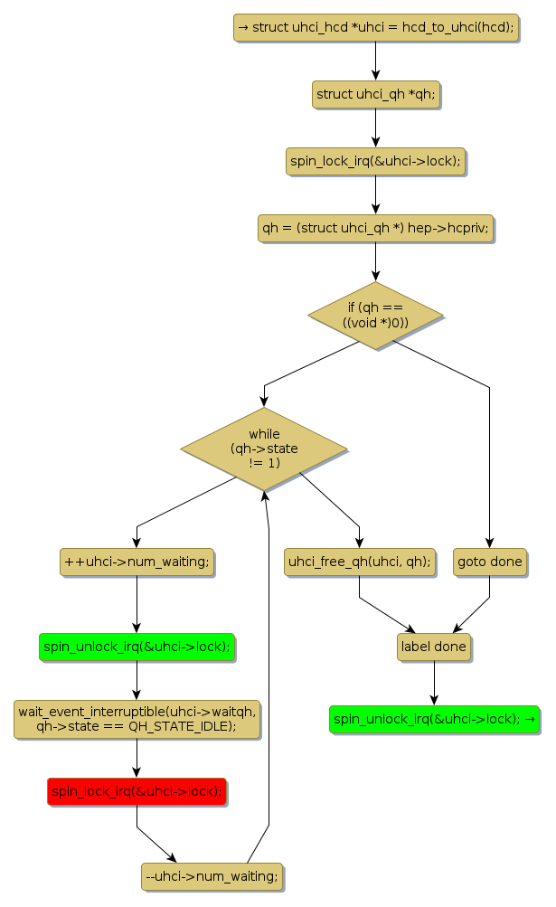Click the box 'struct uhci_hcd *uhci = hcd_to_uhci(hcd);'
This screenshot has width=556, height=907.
(375, 27)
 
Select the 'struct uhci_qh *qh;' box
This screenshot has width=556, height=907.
(375, 94)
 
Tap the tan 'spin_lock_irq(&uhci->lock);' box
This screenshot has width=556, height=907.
(375, 161)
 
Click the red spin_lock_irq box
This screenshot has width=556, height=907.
(137, 791)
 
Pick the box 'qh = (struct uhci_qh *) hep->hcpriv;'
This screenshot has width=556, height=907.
(375, 228)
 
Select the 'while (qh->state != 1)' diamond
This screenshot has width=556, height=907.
(264, 449)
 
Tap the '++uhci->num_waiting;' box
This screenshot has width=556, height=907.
(137, 562)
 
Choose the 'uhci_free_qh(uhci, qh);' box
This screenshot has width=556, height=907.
(359, 562)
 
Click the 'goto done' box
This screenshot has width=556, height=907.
(489, 562)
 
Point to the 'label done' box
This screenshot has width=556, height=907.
(434, 647)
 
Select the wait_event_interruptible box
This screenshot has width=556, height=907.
(137, 719)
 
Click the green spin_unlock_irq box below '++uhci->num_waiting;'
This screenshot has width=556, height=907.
(137, 647)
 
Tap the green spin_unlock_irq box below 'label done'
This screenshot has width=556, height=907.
(434, 719)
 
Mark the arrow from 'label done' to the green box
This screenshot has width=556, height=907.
(434, 683)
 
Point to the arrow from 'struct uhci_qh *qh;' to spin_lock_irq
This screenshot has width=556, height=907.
(375, 128)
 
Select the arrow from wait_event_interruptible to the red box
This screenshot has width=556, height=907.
(137, 759)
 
